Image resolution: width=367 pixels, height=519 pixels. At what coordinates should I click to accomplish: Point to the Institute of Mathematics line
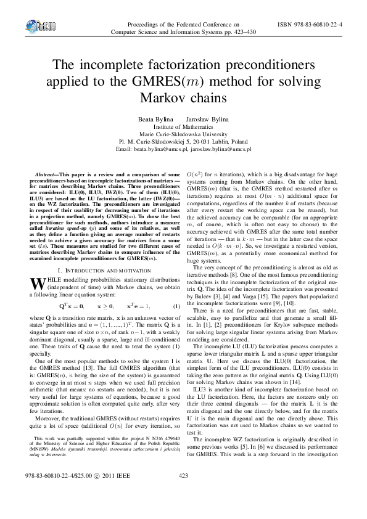(183, 125)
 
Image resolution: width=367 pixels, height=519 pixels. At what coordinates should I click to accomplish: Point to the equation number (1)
(175, 306)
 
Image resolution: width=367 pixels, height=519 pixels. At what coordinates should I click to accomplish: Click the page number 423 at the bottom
(183, 493)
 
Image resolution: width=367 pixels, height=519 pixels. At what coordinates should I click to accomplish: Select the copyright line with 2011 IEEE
(80, 493)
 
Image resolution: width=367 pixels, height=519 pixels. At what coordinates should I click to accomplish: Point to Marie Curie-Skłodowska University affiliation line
(183, 133)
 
